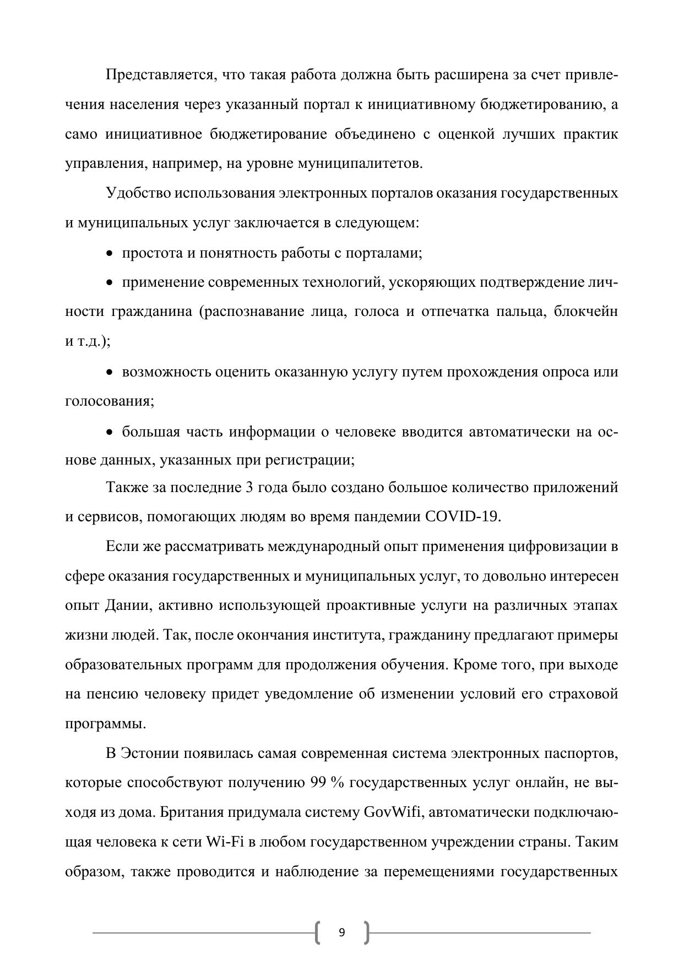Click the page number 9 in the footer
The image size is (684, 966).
coord(341,932)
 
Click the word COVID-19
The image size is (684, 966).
coord(463,517)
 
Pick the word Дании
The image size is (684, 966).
coord(127,605)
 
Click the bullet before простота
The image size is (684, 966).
coord(110,254)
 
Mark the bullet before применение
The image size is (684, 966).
coord(110,283)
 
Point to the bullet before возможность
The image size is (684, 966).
coord(110,373)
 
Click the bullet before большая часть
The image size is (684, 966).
coord(110,432)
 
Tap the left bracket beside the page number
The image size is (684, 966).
coord(318,932)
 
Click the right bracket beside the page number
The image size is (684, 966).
coord(366,932)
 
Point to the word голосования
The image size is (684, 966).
coord(109,401)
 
